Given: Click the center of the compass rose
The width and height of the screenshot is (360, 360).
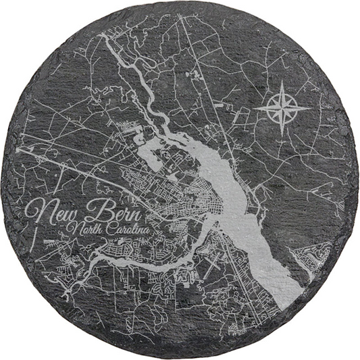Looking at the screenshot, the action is click(x=282, y=108).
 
